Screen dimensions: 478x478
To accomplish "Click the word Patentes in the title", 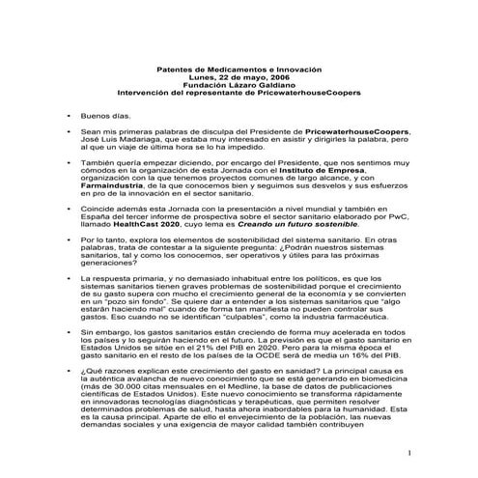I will (x=175, y=70).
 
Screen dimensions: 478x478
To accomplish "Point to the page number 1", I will (x=409, y=454).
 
